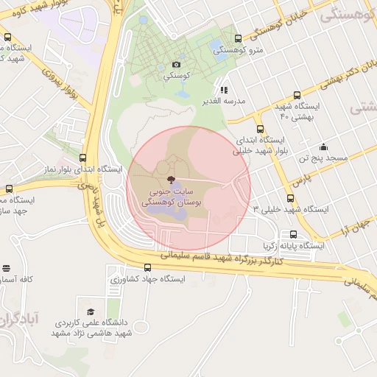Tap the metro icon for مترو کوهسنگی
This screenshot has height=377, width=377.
pyautogui.click(x=238, y=39)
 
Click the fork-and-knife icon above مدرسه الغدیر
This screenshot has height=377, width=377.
pyautogui.click(x=225, y=89)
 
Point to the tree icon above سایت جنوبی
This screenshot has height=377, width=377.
pyautogui.click(x=171, y=179)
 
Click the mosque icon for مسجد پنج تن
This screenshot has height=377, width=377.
pyautogui.click(x=323, y=147)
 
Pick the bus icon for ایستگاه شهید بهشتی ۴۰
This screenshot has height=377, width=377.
pyautogui.click(x=297, y=95)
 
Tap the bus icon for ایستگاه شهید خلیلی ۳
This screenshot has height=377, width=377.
pyautogui.click(x=290, y=198)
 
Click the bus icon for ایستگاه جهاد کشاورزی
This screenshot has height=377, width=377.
pyautogui.click(x=148, y=268)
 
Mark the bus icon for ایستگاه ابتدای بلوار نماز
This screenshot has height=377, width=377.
pyautogui.click(x=82, y=158)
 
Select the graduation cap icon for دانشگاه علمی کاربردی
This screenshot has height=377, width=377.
pyautogui.click(x=91, y=311)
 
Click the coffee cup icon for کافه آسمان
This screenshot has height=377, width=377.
pyautogui.click(x=7, y=269)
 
